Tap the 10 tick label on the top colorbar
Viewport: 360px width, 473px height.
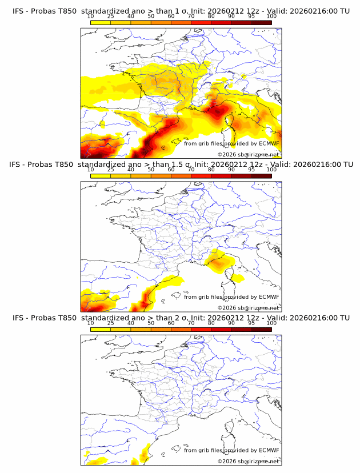[91, 17]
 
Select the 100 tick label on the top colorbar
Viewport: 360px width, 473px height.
[271, 17]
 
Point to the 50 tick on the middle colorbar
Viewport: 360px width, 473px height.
[151, 170]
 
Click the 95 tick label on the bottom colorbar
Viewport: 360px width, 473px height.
[251, 323]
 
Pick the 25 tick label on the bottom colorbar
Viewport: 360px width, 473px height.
[110, 323]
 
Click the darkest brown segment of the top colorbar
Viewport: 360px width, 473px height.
[261, 22]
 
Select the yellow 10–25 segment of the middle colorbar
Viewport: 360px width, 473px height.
[101, 175]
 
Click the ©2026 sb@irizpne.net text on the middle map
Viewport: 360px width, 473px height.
[248, 307]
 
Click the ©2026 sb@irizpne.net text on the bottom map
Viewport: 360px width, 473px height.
[248, 460]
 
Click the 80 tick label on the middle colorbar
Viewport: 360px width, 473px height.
[211, 170]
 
